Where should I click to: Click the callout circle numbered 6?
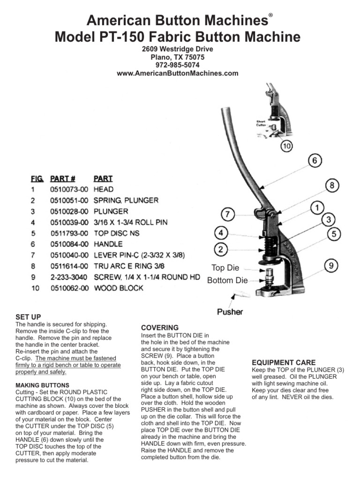315,161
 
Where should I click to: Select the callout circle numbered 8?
332,186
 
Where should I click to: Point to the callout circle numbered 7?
227,215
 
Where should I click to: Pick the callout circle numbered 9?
331,266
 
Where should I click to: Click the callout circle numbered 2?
222,248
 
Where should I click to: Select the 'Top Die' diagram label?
225,268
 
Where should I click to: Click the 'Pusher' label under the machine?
230,311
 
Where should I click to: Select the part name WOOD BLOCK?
119,288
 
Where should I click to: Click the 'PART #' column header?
63,179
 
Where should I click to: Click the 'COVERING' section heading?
160,327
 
